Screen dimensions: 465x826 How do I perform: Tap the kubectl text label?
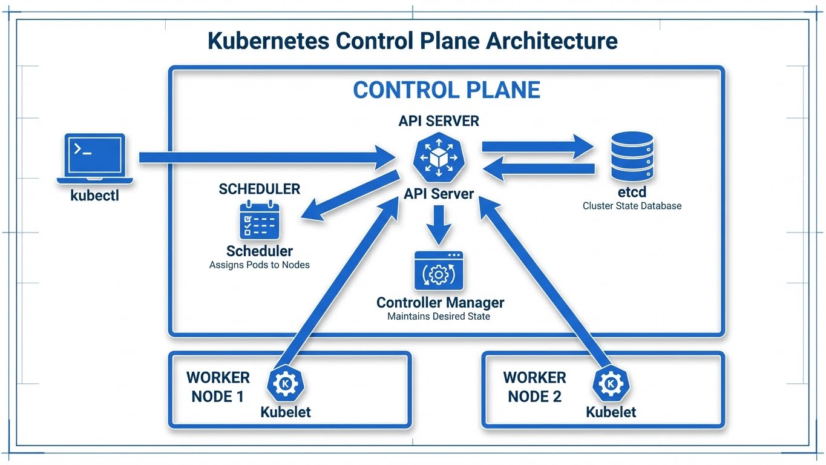[95, 196]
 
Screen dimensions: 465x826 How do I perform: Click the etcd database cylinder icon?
[632, 156]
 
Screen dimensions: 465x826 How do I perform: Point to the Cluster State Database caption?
[632, 206]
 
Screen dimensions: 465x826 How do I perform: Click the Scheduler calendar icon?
[260, 220]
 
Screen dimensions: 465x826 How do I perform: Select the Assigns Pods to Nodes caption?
[260, 265]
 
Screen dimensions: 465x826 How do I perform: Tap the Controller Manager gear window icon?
[439, 271]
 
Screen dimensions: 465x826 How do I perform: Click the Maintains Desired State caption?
[439, 316]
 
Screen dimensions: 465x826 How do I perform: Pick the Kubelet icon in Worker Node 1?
[286, 384]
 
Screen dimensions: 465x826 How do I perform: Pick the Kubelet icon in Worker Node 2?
[611, 384]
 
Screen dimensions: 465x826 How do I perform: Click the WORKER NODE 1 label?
[218, 387]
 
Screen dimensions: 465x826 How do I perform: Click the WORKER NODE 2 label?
[534, 387]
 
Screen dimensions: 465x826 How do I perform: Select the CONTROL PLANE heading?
[446, 90]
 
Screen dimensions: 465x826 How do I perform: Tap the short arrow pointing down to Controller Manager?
[439, 225]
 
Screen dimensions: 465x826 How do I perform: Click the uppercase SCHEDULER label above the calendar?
[259, 189]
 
